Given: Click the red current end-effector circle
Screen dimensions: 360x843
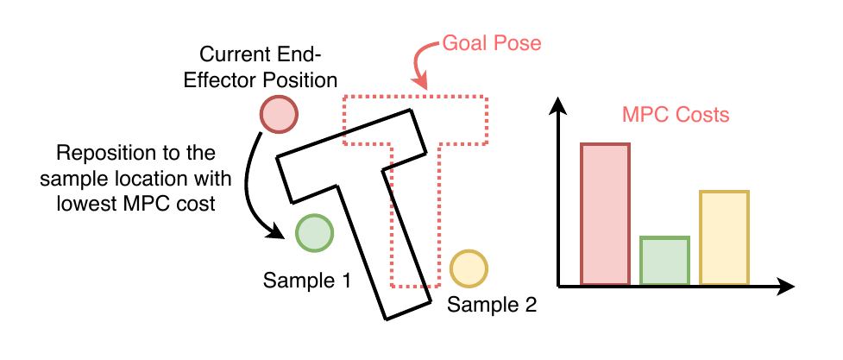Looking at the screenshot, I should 279,115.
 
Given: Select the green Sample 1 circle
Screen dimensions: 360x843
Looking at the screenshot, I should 314,232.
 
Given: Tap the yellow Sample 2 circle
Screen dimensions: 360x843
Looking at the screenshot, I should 469,268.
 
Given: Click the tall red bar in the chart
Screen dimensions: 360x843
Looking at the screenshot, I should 605,213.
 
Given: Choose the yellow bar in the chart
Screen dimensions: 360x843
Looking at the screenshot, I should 724,237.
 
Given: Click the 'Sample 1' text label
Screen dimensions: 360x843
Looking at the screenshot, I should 307,281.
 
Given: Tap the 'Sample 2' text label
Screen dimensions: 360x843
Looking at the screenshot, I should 492,305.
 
